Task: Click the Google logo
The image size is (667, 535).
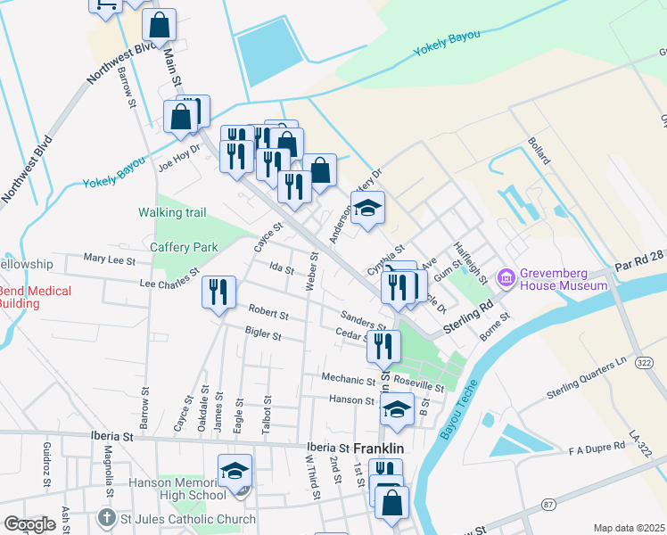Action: click(x=29, y=524)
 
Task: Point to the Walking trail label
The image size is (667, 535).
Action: click(x=172, y=212)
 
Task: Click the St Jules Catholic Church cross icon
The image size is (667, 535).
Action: click(x=106, y=518)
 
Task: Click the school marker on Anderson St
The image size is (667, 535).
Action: click(x=367, y=208)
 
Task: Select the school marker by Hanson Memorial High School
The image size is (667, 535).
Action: click(x=235, y=471)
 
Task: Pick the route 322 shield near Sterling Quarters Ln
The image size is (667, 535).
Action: click(x=645, y=362)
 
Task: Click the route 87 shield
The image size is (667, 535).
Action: click(x=548, y=505)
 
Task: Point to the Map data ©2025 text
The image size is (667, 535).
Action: click(x=628, y=528)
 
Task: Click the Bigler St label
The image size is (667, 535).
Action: click(x=263, y=336)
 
